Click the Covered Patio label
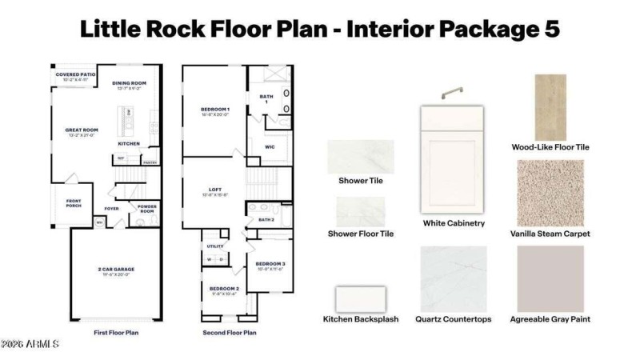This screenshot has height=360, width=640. [x=75, y=75]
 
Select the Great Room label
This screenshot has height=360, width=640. [x=82, y=130]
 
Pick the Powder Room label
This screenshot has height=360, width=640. [x=146, y=210]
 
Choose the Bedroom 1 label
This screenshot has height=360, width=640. [x=214, y=110]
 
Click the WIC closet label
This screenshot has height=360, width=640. [x=269, y=147]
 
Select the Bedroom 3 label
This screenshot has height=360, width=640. [x=270, y=264]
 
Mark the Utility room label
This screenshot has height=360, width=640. [x=215, y=246]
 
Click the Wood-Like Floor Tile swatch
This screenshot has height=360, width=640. [x=550, y=108]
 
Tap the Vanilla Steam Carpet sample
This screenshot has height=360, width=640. [x=550, y=193]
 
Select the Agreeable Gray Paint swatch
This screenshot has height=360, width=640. [x=550, y=278]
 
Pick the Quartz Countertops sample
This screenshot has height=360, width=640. [x=453, y=278]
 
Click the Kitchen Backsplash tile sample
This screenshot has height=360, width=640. [x=360, y=299]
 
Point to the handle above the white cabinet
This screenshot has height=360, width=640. [x=453, y=93]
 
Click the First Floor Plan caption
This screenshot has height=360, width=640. [x=115, y=332]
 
